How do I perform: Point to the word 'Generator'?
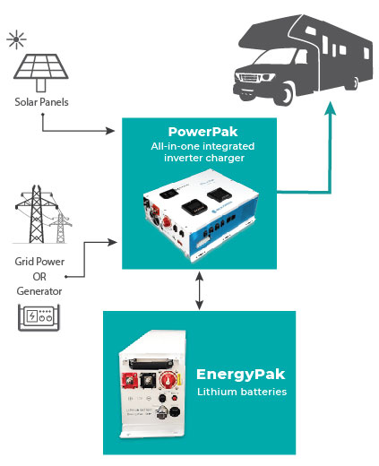coord(38,292)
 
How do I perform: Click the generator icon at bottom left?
coord(38,317)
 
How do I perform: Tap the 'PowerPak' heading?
coord(198,131)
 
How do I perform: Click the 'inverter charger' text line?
coord(198,160)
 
